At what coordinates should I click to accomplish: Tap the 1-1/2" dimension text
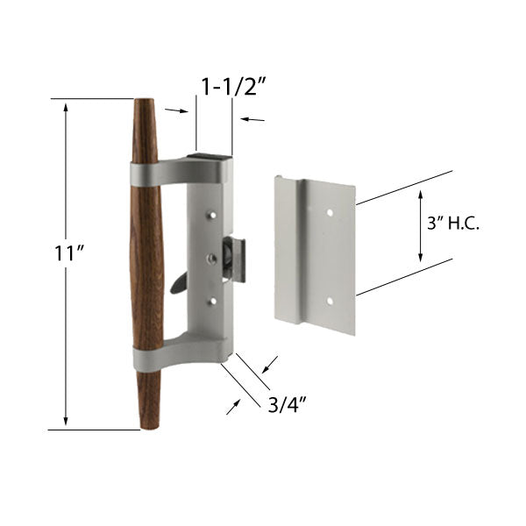pyautogui.click(x=234, y=87)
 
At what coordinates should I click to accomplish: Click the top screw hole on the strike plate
pyautogui.click(x=330, y=212)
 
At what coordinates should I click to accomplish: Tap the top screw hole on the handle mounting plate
pyautogui.click(x=212, y=213)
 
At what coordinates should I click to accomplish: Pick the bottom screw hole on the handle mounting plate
pyautogui.click(x=212, y=301)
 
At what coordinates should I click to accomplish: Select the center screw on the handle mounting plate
pyautogui.click(x=212, y=258)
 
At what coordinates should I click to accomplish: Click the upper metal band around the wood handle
pyautogui.click(x=146, y=174)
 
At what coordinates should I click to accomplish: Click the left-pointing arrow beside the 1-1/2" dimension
pyautogui.click(x=252, y=119)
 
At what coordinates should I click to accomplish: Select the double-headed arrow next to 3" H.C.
pyautogui.click(x=420, y=225)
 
